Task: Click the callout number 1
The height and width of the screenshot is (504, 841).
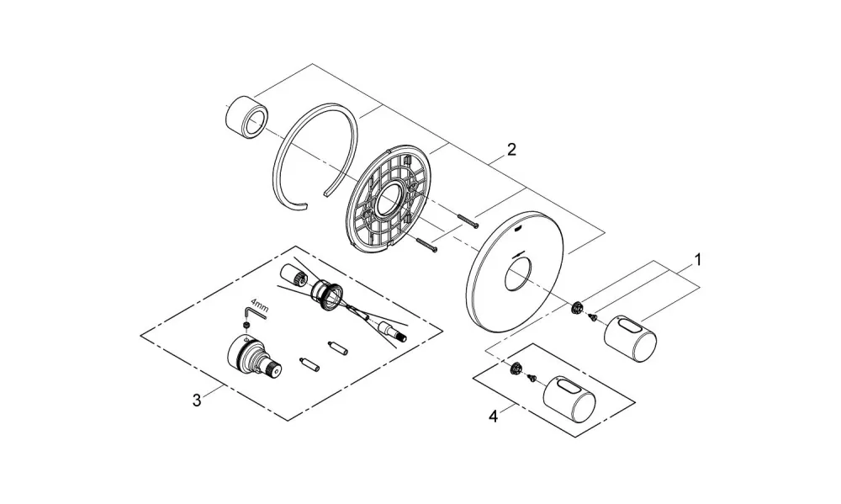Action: (x=698, y=260)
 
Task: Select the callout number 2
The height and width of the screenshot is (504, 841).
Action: (x=511, y=149)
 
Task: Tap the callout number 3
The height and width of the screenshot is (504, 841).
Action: (x=197, y=400)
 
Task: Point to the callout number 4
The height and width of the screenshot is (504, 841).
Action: (x=494, y=416)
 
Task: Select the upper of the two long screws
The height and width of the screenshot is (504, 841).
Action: (x=467, y=221)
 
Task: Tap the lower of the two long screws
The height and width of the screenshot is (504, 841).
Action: (x=426, y=245)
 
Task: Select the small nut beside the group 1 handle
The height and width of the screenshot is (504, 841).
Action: (x=577, y=308)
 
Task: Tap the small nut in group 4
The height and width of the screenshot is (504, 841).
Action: (x=516, y=369)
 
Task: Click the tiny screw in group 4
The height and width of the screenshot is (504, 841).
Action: (x=532, y=377)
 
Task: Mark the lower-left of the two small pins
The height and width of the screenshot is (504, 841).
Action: (x=310, y=363)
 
